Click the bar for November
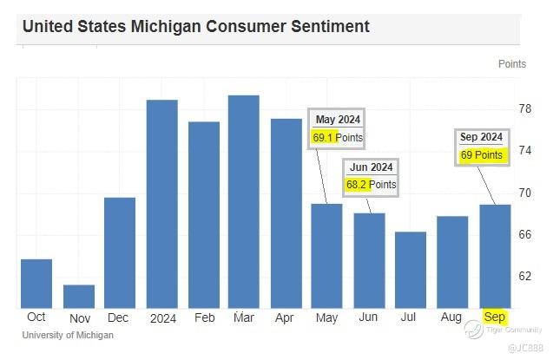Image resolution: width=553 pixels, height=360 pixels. [79, 296]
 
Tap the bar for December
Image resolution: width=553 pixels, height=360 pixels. [120, 252]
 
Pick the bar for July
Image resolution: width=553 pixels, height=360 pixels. [411, 270]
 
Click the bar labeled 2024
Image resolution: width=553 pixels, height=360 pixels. [161, 204]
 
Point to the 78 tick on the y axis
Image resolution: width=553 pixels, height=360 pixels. [525, 109]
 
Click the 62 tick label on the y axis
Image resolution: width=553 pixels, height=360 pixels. [525, 276]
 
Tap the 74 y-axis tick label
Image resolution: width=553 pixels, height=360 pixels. [525, 151]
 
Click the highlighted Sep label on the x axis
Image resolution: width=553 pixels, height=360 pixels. [494, 317]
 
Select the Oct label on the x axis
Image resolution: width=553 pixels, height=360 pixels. [36, 317]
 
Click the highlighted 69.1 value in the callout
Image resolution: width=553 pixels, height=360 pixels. [323, 138]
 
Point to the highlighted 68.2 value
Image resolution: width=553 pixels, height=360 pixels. [358, 185]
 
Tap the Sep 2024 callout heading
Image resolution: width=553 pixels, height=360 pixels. [481, 137]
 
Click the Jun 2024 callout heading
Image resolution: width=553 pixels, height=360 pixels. [372, 167]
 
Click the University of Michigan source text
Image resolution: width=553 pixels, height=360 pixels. [68, 335]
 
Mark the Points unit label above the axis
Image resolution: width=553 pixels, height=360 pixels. [512, 64]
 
